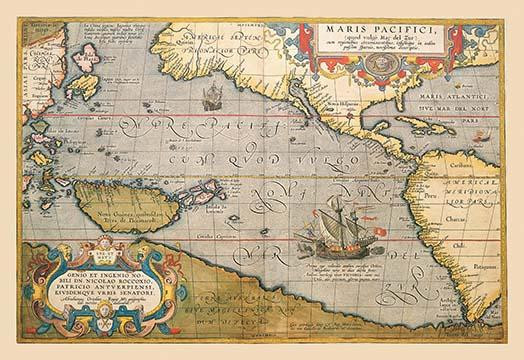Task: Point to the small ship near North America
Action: coord(211,97)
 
